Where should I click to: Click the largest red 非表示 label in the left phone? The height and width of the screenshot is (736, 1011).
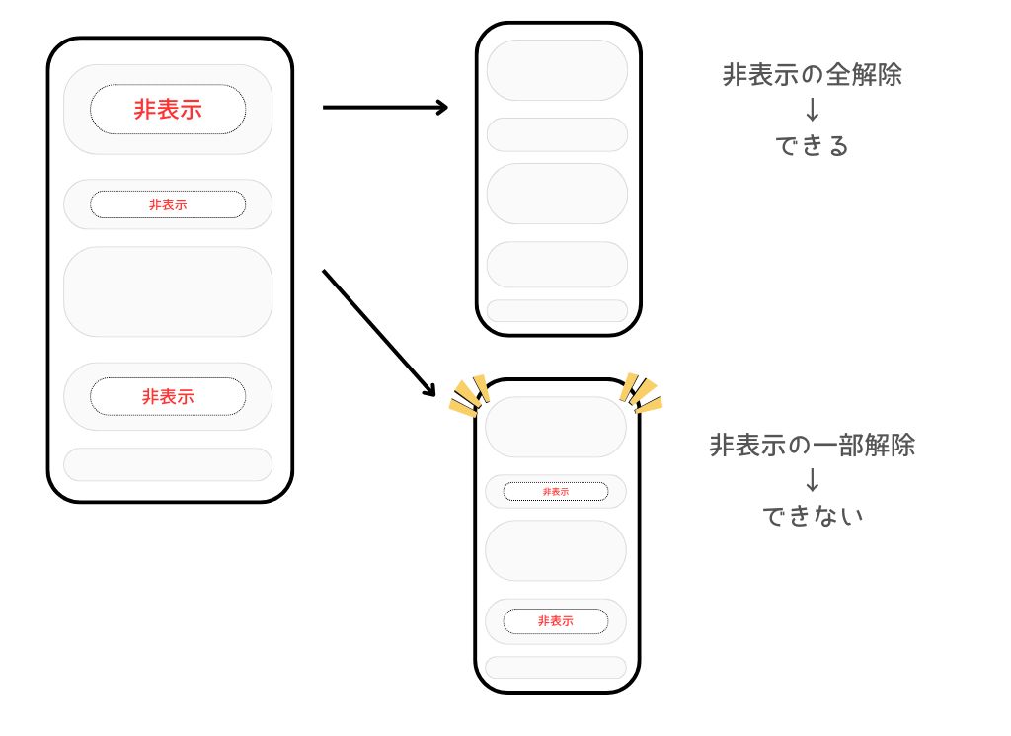(x=168, y=110)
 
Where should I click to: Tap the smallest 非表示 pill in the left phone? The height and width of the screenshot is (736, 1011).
(x=168, y=204)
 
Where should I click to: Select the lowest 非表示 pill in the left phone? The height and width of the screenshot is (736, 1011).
(x=168, y=396)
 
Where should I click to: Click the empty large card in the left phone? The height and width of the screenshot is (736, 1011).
(x=168, y=291)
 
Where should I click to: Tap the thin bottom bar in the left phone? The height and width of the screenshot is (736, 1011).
(x=168, y=464)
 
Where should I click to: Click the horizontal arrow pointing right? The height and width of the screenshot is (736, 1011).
(x=385, y=107)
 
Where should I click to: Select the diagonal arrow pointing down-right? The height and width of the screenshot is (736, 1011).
(x=379, y=332)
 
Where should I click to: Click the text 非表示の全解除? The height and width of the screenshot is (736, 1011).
(x=812, y=75)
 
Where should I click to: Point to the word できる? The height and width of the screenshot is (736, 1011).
(x=812, y=146)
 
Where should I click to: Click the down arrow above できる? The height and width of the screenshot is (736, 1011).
(x=812, y=110)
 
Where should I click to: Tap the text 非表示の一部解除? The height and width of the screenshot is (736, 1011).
(x=812, y=445)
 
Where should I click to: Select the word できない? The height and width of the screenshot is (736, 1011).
(x=812, y=516)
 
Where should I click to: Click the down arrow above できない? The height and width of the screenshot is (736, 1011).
(x=812, y=480)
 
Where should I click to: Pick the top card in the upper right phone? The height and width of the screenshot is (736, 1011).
(x=557, y=70)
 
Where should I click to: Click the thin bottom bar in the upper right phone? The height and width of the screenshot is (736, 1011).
(x=557, y=311)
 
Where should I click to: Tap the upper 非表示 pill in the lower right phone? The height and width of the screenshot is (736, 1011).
(x=556, y=491)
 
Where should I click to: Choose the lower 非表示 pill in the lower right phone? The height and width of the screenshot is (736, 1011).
(x=556, y=621)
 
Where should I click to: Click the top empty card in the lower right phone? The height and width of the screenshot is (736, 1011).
(x=556, y=427)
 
